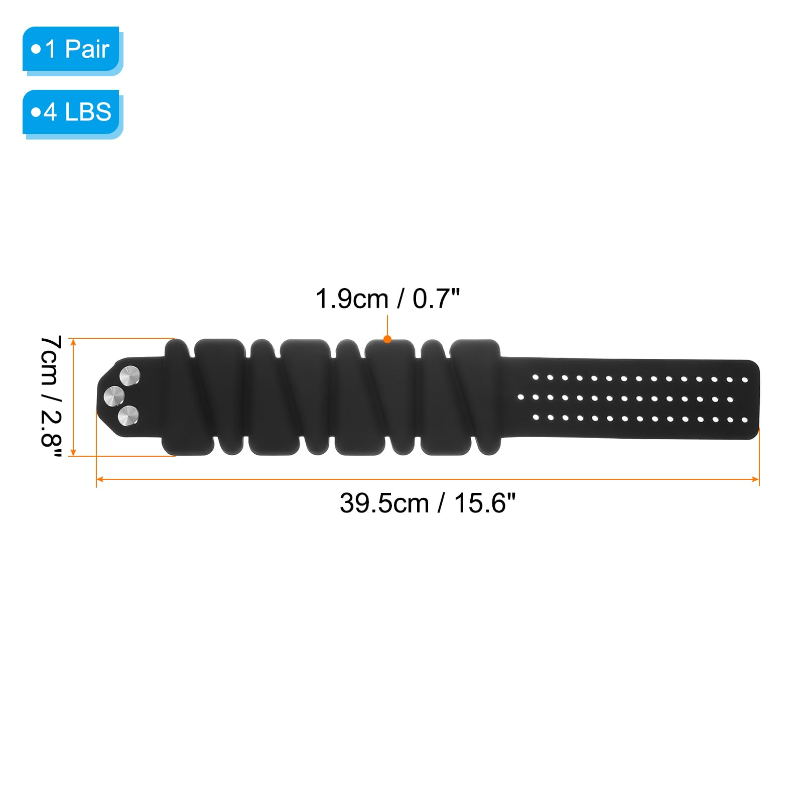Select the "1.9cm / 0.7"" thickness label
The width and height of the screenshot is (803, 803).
(387, 299)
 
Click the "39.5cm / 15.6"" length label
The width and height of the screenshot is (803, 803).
(428, 503)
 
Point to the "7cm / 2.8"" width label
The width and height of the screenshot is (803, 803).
(51, 396)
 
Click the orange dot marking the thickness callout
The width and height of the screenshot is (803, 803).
(387, 339)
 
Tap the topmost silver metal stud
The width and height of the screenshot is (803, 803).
(130, 376)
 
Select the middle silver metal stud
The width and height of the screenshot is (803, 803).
(114, 396)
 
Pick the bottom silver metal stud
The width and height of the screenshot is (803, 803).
(128, 416)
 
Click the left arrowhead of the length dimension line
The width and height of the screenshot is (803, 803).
(99, 479)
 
